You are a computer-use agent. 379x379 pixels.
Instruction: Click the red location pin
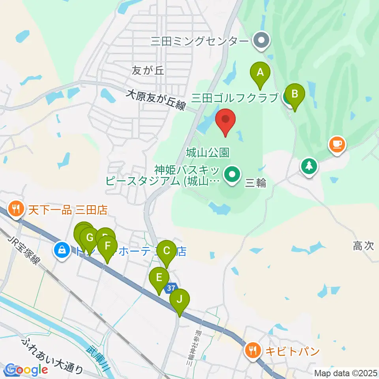tap(225, 120)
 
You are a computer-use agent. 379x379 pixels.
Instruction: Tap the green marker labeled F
tap(107, 247)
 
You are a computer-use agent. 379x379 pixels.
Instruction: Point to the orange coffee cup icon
tap(337, 144)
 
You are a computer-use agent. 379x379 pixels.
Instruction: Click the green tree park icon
tap(309, 166)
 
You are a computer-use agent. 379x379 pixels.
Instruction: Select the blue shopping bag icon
tap(62, 249)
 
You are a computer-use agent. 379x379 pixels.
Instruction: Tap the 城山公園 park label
tap(208, 152)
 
